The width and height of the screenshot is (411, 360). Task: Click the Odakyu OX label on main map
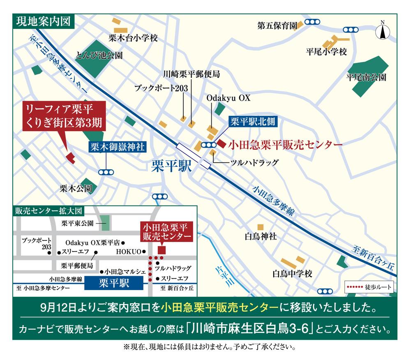pyautogui.click(x=228, y=99)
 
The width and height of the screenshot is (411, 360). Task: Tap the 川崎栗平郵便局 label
pyautogui.click(x=191, y=74)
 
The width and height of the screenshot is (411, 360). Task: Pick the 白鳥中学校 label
pyautogui.click(x=293, y=274)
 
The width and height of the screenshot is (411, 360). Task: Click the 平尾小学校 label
pyautogui.click(x=327, y=52)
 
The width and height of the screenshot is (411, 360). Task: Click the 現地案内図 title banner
pyautogui.click(x=43, y=21)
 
